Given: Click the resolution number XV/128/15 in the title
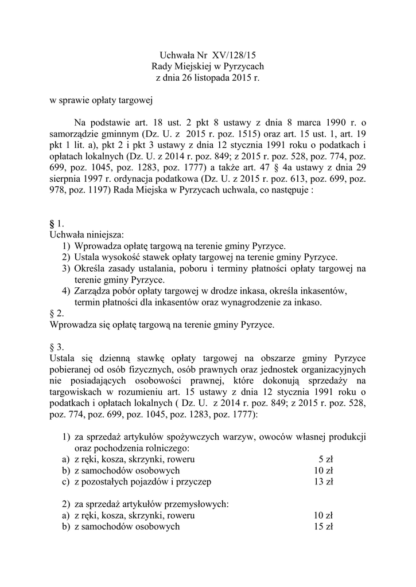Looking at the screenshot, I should point(234,56).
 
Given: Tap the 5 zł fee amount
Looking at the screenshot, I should point(325,459).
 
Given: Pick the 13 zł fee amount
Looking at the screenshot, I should point(324,482).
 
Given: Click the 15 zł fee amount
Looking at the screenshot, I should point(324,527).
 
